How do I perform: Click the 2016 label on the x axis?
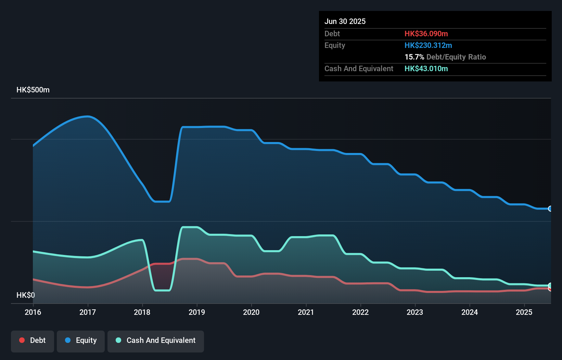33,312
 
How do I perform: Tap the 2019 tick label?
197,312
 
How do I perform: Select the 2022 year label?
360,312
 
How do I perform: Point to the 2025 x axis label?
524,312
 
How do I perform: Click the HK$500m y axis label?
33,90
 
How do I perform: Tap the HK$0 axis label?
26,295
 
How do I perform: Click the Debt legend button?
33,340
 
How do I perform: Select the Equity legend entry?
81,340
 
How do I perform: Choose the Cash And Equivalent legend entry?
156,340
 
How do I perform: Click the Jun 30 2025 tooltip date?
345,21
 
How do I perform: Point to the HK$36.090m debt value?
426,34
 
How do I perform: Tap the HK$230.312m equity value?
428,45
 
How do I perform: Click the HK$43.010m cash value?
426,68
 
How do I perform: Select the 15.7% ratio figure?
414,57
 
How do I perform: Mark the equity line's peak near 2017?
88,116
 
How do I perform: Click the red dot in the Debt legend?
22,340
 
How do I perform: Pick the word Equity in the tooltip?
335,45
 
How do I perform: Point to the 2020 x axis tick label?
251,312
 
